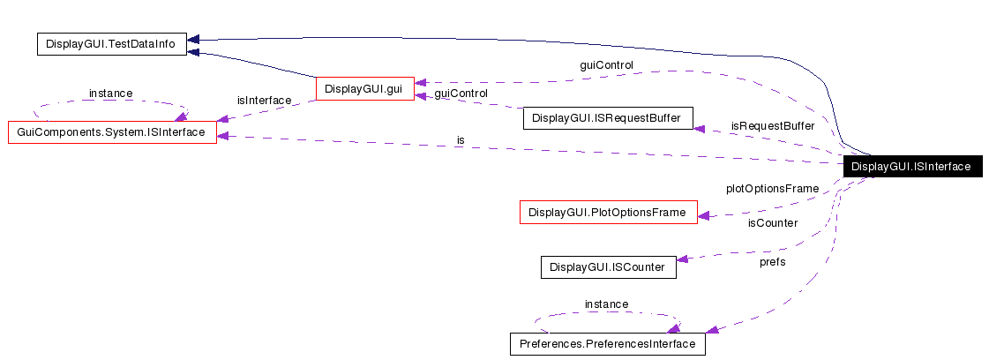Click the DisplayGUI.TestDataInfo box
click(x=111, y=44)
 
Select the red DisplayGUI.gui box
click(x=364, y=88)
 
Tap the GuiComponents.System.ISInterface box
click(x=112, y=132)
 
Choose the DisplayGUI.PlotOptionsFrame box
click(x=608, y=212)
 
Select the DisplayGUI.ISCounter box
click(x=608, y=266)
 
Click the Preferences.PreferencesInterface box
click(x=608, y=343)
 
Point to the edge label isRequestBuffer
click(x=772, y=126)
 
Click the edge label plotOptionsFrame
click(x=772, y=188)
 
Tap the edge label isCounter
click(x=772, y=222)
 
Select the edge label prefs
click(x=772, y=261)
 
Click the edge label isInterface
click(x=264, y=101)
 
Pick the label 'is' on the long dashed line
click(x=461, y=140)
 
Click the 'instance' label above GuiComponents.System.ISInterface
click(x=110, y=93)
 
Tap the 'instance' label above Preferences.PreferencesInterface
click(x=606, y=304)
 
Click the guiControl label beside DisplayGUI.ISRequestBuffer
click(x=461, y=93)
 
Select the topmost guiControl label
click(x=606, y=64)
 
